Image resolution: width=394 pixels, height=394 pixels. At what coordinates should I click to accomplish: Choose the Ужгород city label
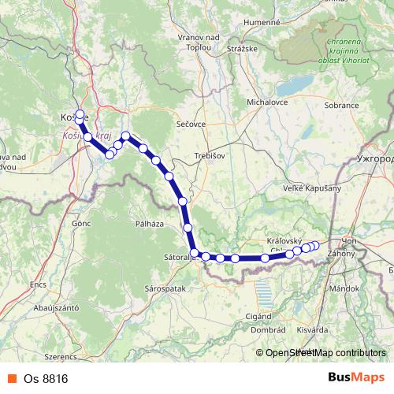click(375, 158)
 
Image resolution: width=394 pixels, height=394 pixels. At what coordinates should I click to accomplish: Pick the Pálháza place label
click(149, 224)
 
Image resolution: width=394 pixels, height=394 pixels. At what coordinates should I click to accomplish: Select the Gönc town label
click(81, 224)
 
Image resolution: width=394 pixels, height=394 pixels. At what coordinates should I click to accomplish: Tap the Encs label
click(39, 284)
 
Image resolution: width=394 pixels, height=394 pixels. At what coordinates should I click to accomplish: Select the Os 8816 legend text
click(46, 378)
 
